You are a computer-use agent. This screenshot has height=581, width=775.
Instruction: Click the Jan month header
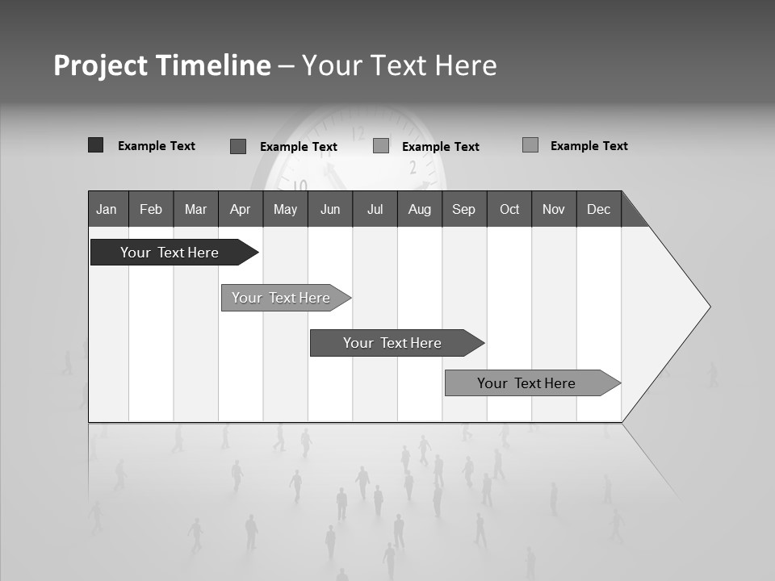pyautogui.click(x=107, y=209)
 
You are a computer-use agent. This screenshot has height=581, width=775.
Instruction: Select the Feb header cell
pyautogui.click(x=151, y=209)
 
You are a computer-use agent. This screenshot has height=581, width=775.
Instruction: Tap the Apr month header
pyautogui.click(x=241, y=209)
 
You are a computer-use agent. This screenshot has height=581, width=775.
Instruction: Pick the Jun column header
pyautogui.click(x=330, y=209)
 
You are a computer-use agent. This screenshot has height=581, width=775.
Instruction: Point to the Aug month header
pyautogui.click(x=420, y=209)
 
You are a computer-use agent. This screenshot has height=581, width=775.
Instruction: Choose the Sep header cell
pyautogui.click(x=464, y=209)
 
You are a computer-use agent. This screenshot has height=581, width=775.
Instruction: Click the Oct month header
pyautogui.click(x=509, y=209)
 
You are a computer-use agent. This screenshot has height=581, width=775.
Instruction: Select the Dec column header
pyautogui.click(x=599, y=209)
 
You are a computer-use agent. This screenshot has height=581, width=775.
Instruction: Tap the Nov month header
pyautogui.click(x=554, y=209)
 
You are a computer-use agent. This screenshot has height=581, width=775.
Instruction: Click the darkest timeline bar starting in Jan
pyautogui.click(x=170, y=253)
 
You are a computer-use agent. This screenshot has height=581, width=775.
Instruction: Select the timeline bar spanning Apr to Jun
pyautogui.click(x=281, y=298)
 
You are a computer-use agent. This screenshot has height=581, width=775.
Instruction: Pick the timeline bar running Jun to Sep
pyautogui.click(x=392, y=343)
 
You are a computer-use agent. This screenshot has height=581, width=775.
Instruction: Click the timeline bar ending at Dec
pyautogui.click(x=526, y=383)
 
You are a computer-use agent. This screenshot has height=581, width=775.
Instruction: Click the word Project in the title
pyautogui.click(x=100, y=65)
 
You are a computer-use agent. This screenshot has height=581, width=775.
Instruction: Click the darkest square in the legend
pyautogui.click(x=95, y=145)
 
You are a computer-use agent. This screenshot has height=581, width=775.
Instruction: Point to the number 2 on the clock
pyautogui.click(x=413, y=168)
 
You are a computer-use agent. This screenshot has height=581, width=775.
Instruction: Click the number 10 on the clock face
pyautogui.click(x=300, y=186)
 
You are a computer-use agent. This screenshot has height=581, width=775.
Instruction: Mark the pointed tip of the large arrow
pyautogui.click(x=709, y=307)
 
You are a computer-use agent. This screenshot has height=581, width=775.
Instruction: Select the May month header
pyautogui.click(x=285, y=209)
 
